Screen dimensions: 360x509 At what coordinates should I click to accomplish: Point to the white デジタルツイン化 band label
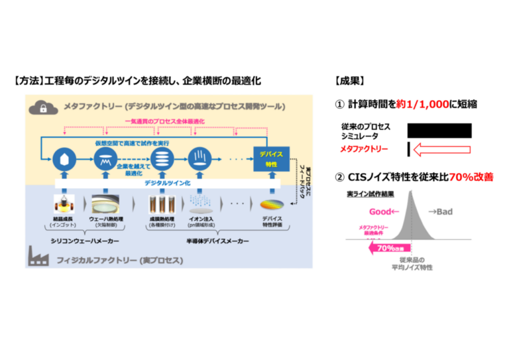(166, 182)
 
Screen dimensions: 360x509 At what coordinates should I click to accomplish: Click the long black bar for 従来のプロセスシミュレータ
(439, 130)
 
